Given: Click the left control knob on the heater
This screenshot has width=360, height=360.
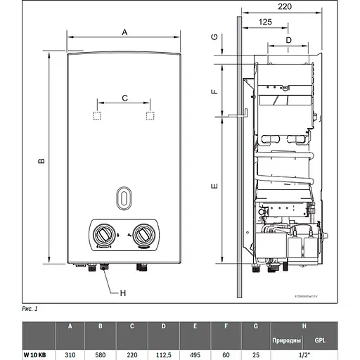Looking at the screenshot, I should [x=103, y=235].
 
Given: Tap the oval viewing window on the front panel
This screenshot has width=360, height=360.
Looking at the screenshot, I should [x=124, y=198].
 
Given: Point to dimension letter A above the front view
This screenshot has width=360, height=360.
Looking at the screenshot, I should [x=124, y=32].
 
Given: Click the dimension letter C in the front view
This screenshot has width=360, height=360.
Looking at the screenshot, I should [x=124, y=99].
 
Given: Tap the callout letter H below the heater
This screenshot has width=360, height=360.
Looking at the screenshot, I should [x=123, y=292].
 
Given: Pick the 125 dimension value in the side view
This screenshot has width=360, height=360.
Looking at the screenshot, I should [x=265, y=23].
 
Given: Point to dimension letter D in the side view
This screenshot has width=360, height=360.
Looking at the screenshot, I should [x=288, y=41].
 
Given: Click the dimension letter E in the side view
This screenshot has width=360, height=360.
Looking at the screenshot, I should [x=215, y=186].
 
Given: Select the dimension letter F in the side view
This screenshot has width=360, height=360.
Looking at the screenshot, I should [x=215, y=92].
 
